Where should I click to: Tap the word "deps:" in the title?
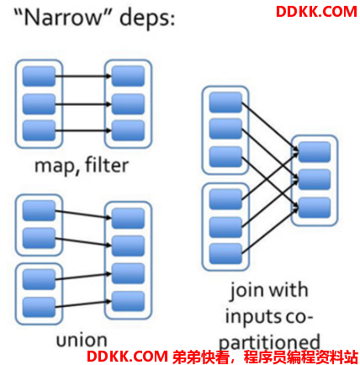(147, 19)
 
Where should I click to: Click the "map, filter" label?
(82, 166)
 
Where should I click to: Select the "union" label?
(82, 340)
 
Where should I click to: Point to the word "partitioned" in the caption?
(269, 342)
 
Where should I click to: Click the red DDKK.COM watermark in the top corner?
(316, 12)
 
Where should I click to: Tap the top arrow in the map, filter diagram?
(83, 76)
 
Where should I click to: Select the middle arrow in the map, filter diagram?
(83, 104)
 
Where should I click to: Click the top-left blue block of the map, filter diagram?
(39, 76)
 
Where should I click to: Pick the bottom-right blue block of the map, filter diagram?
(128, 130)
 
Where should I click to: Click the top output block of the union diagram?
(128, 219)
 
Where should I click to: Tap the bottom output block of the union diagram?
(128, 301)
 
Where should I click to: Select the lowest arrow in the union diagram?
(83, 304)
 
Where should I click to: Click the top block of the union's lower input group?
(39, 279)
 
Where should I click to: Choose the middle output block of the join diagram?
(315, 179)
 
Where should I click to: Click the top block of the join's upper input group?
(225, 103)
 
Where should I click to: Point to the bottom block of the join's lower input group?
(225, 254)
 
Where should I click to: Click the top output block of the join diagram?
(315, 152)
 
